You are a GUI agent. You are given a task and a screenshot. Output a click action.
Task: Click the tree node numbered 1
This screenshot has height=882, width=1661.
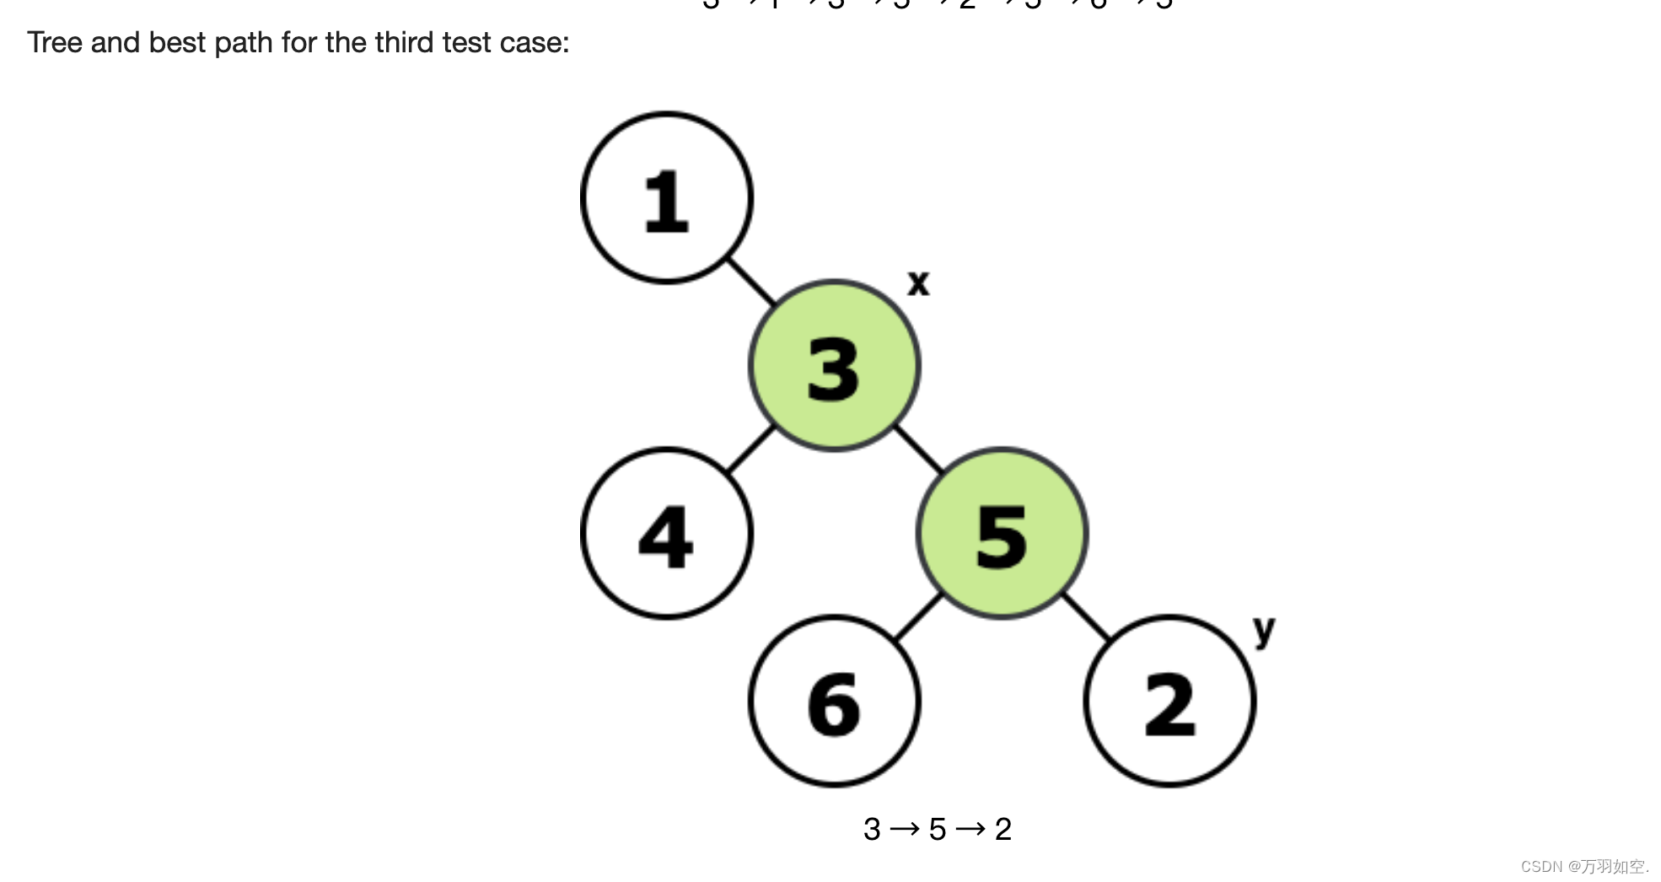[x=666, y=198]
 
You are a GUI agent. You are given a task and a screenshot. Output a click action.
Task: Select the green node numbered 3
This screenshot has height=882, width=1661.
[x=834, y=366]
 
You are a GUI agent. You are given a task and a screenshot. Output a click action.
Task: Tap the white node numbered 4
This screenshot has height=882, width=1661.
[x=666, y=534]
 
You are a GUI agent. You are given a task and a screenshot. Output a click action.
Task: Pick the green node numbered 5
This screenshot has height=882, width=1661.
[x=1002, y=534]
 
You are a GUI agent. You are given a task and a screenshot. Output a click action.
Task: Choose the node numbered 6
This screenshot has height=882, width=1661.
[x=834, y=702]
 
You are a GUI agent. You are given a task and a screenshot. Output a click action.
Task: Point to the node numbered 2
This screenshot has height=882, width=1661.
[x=1169, y=702]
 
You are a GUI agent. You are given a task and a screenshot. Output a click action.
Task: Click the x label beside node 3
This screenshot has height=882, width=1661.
[x=918, y=282]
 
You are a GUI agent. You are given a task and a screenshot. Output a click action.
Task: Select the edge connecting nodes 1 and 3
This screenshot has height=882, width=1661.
[x=750, y=282]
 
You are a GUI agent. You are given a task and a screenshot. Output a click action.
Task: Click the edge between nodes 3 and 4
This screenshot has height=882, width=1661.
[x=750, y=449]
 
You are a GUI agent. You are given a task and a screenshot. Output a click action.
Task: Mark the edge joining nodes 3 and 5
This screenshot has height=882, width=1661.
[x=918, y=449]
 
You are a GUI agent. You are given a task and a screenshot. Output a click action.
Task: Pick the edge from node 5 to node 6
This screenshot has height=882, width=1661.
[x=918, y=617]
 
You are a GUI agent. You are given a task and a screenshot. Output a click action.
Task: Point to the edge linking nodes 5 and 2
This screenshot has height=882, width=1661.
[x=1086, y=617]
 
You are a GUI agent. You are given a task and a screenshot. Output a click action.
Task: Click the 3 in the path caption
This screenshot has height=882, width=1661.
[x=872, y=830]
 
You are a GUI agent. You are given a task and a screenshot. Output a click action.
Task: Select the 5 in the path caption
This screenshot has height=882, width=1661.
[x=938, y=830]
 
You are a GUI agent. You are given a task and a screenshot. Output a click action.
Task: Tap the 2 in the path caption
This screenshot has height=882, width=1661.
[x=1003, y=830]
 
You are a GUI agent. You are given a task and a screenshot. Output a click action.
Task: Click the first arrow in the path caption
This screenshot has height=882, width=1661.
[x=905, y=830]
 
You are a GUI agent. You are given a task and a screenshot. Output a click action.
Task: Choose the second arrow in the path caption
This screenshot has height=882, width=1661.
[x=970, y=830]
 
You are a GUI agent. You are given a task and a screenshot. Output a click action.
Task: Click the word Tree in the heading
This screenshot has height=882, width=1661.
[x=55, y=42]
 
